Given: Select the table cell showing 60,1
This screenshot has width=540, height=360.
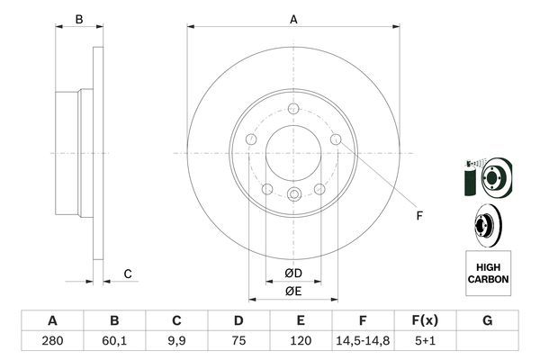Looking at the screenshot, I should click(113, 343).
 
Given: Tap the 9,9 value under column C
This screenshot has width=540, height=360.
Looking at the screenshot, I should click(175, 343).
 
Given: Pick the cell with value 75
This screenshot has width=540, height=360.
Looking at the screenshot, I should click(238, 343).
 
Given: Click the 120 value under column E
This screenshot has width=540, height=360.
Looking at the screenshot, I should click(301, 343).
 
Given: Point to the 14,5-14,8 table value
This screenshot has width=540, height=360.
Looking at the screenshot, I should click(363, 343).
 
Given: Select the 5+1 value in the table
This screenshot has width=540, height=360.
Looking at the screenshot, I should click(426, 343).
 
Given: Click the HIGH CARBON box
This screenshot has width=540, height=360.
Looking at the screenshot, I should click(488, 273).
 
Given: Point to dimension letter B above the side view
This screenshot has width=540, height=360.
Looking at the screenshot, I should click(78, 19).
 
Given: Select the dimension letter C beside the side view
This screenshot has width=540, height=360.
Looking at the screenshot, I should click(128, 274).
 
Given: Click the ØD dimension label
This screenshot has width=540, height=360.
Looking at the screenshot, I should click(293, 274).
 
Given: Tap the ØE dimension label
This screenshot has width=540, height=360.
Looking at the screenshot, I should click(293, 291).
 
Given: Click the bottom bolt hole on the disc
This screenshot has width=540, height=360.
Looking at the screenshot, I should click(293, 195).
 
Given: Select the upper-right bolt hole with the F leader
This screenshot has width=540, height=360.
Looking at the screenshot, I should click(336, 139).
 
